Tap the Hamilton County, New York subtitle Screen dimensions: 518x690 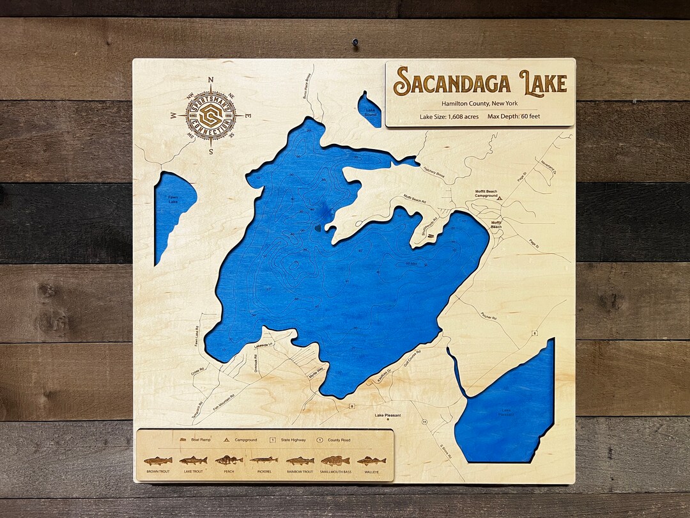(x=480, y=104)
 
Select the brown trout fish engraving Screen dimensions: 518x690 (x=158, y=460)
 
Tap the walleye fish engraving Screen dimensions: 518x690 (x=371, y=460)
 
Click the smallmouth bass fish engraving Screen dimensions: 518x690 (x=335, y=460)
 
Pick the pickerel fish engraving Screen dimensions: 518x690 (x=264, y=460)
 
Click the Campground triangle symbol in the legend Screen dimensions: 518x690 (x=226, y=440)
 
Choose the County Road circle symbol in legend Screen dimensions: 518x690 (x=319, y=440)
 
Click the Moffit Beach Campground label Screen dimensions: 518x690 (x=486, y=194)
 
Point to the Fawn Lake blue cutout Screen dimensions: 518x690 (x=171, y=211)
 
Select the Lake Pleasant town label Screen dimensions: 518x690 (x=388, y=416)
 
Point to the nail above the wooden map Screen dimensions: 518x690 (x=353, y=42)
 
